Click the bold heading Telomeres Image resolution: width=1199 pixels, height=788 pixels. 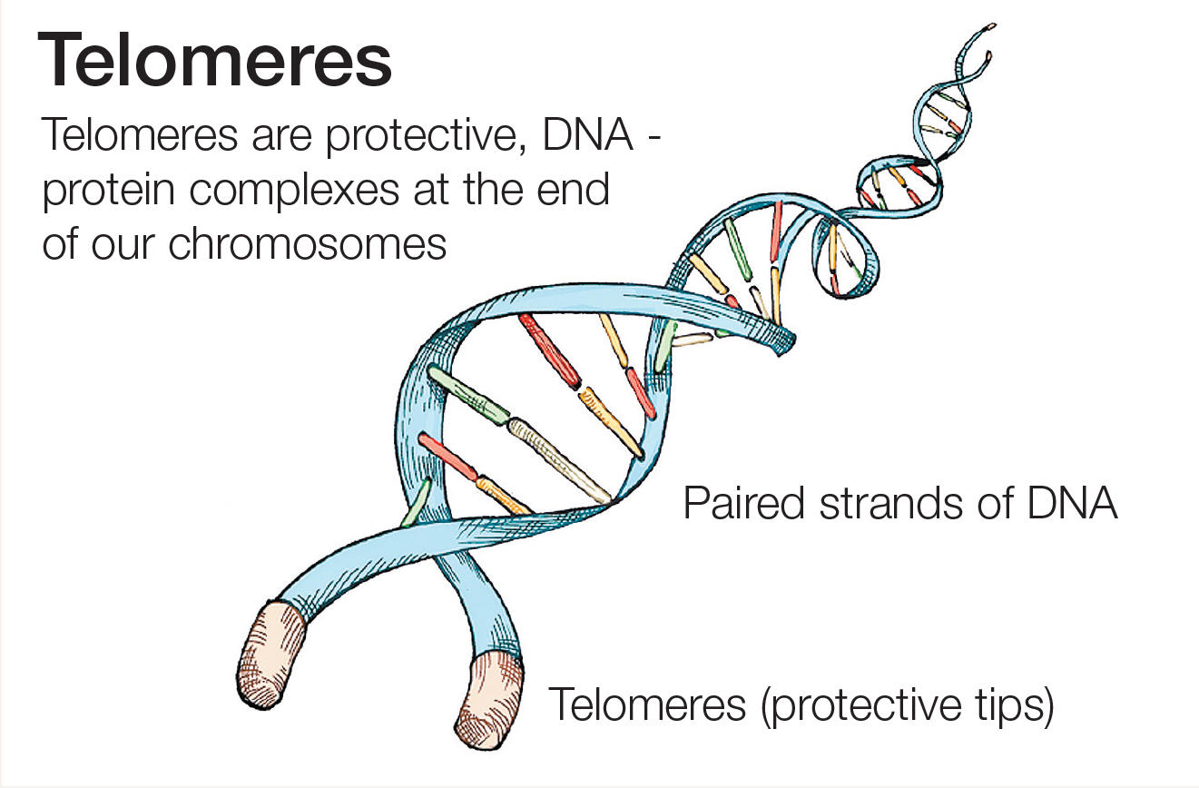(214, 61)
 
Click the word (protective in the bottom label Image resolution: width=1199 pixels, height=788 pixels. (851, 704)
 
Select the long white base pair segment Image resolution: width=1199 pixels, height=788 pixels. (560, 458)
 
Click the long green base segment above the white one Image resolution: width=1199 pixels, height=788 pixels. (467, 395)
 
